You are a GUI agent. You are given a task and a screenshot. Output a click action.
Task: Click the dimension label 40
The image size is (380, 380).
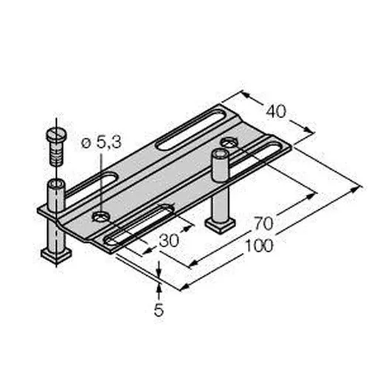tap(276, 111)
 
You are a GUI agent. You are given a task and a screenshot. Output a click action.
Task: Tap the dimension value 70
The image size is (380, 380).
tap(263, 224)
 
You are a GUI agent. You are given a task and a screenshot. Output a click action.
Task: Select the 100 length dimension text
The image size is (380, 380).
tap(260, 246)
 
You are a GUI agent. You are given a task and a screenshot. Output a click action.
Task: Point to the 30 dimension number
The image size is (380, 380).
tap(169, 241)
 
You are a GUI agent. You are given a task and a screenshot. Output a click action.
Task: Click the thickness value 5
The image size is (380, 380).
tap(159, 310)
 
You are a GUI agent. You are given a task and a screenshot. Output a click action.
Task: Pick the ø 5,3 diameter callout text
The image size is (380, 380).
tap(101, 142)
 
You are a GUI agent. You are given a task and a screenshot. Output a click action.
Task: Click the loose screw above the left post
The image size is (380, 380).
tap(56, 147)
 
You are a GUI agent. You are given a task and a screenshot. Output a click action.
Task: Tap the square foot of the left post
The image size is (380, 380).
tap(57, 256)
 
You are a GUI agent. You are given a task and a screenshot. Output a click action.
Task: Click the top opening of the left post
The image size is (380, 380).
tap(56, 184)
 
